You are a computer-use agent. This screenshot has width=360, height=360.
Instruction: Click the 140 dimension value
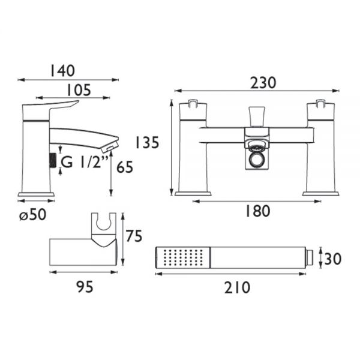tap(62, 71)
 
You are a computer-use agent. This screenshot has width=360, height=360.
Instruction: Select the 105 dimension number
tap(79, 90)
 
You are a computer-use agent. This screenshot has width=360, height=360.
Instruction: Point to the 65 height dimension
tap(125, 167)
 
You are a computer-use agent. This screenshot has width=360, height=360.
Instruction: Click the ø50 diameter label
tap(32, 215)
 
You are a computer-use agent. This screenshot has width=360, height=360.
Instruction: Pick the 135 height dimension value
tap(147, 142)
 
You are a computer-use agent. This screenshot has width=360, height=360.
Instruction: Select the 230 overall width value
tap(263, 83)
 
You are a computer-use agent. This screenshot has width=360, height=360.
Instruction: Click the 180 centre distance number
tap(257, 211)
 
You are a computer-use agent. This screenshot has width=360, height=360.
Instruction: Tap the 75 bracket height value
tap(134, 236)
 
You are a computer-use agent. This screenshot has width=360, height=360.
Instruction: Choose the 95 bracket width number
tap(85, 287)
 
